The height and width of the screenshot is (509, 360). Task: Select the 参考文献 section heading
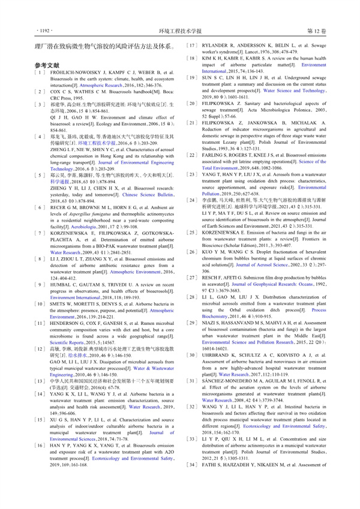click(47, 64)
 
